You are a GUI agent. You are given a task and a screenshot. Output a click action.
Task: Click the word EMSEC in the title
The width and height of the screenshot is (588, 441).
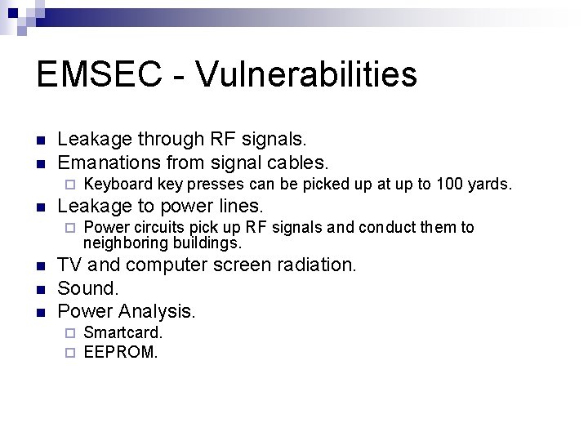coord(88,74)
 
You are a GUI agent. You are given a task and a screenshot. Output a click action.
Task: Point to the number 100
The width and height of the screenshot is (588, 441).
coord(449,185)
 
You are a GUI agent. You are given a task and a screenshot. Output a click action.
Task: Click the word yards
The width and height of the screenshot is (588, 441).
coord(490,185)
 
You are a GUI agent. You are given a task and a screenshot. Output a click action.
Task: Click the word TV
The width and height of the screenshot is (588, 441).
coord(69,265)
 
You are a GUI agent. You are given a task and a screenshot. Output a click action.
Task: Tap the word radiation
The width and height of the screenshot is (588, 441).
coord(315,265)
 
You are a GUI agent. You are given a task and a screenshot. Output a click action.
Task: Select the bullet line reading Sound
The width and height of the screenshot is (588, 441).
coord(88,288)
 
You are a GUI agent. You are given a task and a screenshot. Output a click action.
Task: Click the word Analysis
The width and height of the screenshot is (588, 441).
coord(157,310)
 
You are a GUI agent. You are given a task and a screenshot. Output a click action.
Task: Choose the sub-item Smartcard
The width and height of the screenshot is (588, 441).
coord(123,333)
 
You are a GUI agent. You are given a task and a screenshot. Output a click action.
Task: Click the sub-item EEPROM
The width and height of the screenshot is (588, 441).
coord(121,353)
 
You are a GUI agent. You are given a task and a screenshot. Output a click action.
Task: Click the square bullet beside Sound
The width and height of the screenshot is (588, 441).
coord(42,289)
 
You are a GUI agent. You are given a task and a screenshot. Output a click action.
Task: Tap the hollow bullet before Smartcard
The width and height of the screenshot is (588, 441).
coord(70,334)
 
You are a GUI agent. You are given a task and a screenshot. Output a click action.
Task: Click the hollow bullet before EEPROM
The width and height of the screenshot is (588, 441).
coord(70,354)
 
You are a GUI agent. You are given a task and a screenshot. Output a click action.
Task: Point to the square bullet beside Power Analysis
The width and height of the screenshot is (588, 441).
coord(42,312)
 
